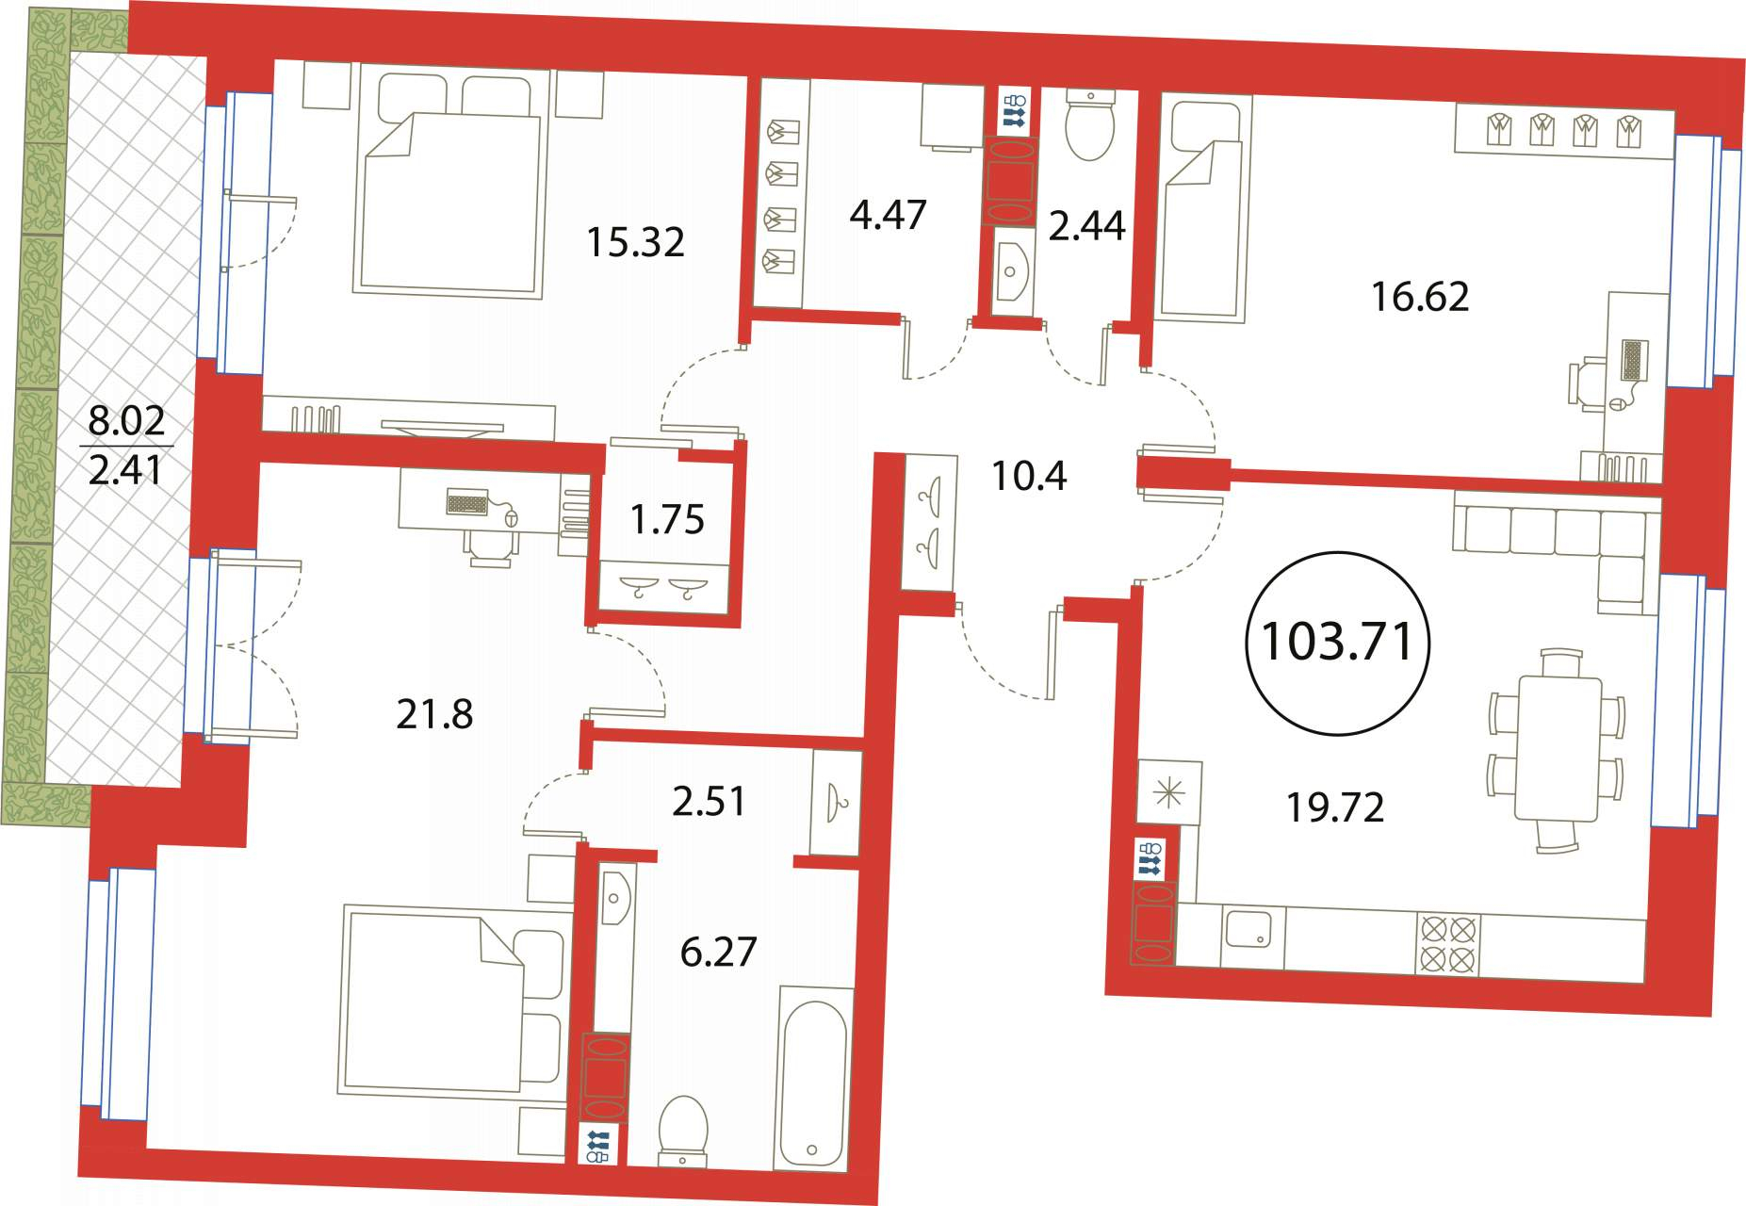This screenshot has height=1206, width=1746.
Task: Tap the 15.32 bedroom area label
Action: [635, 242]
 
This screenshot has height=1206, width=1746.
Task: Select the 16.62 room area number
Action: [1419, 297]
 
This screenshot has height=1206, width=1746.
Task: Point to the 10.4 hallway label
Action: [1029, 476]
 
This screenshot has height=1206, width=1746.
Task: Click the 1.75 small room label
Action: [667, 519]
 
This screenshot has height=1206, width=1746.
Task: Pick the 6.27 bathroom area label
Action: [718, 952]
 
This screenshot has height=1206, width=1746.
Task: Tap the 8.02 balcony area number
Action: [126, 419]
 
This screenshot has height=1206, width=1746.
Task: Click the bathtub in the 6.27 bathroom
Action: [813, 1078]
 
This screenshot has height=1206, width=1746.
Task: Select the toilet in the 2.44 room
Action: [1089, 123]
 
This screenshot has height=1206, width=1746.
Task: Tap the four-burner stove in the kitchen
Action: [1447, 945]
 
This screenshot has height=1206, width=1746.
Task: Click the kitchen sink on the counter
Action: [1251, 929]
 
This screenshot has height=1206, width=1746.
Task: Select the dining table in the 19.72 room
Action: [1557, 749]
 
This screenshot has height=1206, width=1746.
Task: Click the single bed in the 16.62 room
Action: [1202, 210]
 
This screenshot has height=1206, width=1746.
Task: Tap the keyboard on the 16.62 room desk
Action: [1635, 360]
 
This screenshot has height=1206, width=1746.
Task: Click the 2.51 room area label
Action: [709, 801]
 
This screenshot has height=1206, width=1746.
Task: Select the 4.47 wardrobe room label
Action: [888, 215]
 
